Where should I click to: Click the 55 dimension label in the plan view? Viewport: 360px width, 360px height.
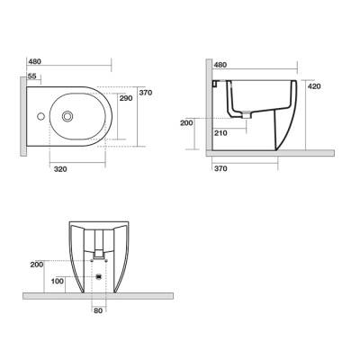[31, 76]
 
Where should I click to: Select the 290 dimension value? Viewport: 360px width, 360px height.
[126, 98]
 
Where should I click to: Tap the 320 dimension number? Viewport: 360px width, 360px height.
[60, 169]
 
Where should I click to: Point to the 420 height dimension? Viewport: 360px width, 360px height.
[314, 86]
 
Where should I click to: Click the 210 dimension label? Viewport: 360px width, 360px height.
[220, 133]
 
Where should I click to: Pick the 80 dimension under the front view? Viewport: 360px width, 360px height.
[98, 310]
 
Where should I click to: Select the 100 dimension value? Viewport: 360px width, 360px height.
[57, 282]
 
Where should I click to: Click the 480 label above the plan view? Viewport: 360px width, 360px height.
[34, 61]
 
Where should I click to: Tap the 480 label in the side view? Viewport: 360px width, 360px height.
[220, 65]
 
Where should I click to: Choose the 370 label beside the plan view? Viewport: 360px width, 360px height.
[146, 93]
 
